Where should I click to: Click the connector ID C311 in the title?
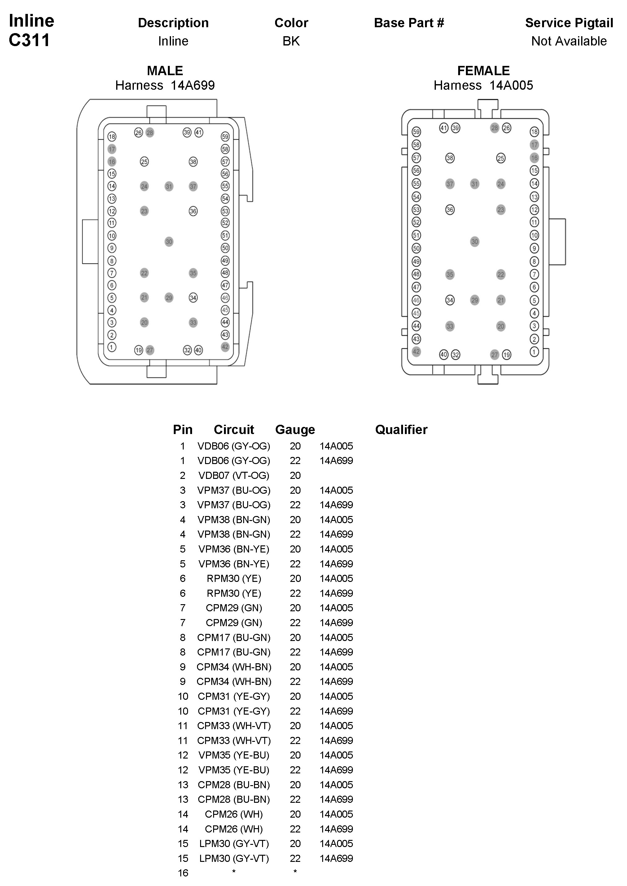[29, 40]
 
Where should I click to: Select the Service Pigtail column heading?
[569, 23]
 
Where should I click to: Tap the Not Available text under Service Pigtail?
[569, 41]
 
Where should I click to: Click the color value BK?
[291, 41]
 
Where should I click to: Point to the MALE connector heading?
[165, 71]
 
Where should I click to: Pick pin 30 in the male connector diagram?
[169, 242]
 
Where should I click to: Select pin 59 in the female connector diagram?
[416, 132]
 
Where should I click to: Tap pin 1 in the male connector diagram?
[112, 347]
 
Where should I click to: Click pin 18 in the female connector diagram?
[534, 132]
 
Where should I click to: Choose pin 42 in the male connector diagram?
[225, 347]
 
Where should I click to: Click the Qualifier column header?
[401, 429]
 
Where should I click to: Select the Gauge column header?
[295, 429]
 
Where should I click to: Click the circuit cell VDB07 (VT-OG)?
[234, 475]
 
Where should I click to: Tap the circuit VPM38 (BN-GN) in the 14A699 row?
[234, 535]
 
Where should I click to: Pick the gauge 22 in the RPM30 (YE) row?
[295, 593]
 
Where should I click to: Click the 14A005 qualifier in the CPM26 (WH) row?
[336, 814]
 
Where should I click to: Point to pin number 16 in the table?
[183, 873]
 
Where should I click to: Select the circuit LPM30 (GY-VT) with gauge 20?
[234, 844]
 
